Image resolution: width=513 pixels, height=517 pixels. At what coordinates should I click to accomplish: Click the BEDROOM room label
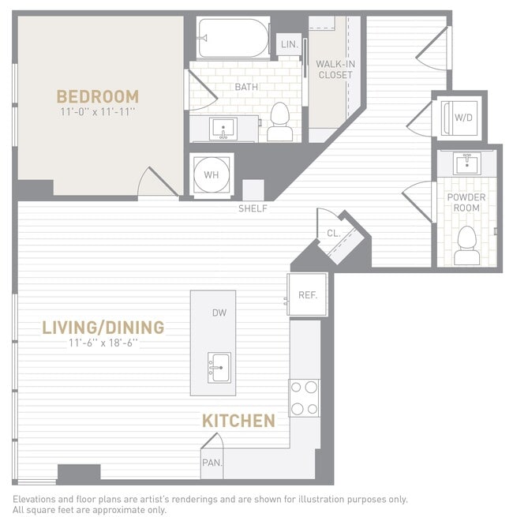(97, 96)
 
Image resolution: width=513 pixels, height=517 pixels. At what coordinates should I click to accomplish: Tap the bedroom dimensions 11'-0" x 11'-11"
(97, 113)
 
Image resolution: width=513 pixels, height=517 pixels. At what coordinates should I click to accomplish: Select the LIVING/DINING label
(103, 327)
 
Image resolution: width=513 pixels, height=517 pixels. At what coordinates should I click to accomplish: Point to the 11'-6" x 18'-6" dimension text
(103, 343)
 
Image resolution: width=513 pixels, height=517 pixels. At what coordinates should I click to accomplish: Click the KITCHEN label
(238, 421)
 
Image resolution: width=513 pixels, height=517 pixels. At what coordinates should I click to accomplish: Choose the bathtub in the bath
(233, 38)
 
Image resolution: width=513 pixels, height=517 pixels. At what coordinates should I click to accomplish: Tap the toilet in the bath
(280, 122)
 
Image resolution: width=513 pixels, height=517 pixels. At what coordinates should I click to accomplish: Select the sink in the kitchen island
(219, 367)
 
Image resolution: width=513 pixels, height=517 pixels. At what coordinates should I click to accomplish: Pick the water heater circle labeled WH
(212, 174)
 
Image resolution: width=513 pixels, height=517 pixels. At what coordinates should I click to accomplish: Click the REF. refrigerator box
(307, 295)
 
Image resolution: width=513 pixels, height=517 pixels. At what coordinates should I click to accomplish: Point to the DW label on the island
(219, 313)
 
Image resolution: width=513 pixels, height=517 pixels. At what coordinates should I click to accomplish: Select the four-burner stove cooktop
(304, 398)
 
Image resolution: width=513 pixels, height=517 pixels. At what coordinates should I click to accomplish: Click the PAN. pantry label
(212, 463)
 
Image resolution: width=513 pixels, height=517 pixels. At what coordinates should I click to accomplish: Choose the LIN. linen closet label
(289, 45)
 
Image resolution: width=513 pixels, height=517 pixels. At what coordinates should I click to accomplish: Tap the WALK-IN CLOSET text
(334, 69)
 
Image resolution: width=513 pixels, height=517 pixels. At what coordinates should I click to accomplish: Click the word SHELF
(253, 208)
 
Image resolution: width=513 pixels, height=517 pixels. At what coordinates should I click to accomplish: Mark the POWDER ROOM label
(466, 202)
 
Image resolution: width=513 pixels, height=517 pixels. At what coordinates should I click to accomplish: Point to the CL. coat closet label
(333, 233)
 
